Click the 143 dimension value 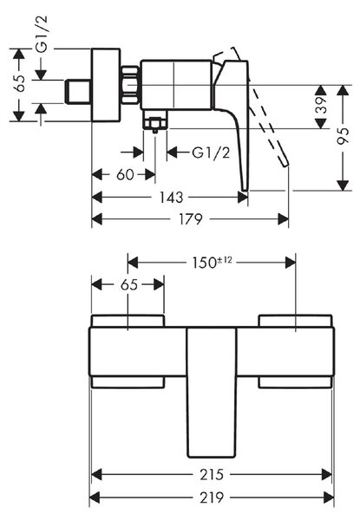click(171, 198)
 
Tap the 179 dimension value click(191, 219)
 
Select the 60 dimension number click(125, 175)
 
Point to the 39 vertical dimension click(321, 105)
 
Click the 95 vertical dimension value click(343, 135)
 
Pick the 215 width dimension click(212, 475)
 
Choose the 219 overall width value click(212, 497)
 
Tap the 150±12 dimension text click(213, 263)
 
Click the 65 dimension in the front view click(129, 284)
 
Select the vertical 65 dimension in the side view click(19, 83)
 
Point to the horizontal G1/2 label click(211, 153)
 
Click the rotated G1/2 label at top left click(43, 34)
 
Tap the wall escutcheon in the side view click(106, 85)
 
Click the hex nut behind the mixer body click(130, 85)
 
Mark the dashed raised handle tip click(285, 164)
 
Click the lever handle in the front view click(212, 393)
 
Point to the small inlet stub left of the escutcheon click(78, 92)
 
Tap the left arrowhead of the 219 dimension click(95, 497)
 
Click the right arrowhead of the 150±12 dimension click(291, 263)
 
